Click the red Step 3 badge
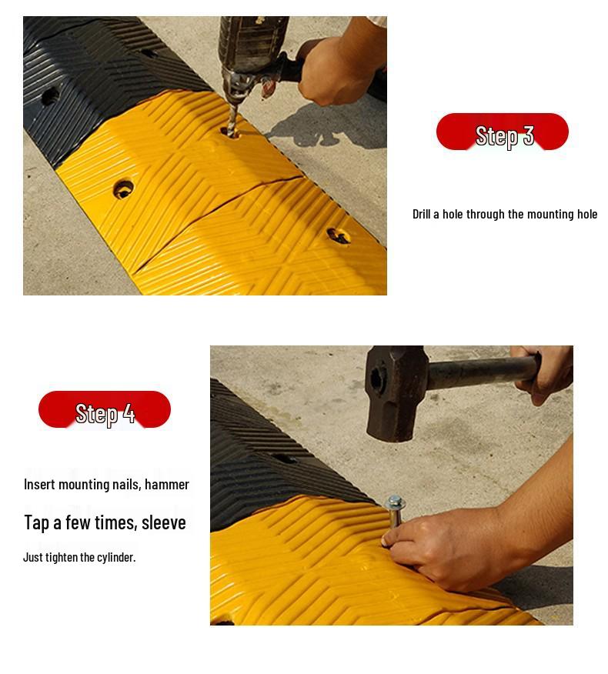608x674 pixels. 502,132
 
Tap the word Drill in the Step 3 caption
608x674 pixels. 421,214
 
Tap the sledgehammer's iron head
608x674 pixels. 396,392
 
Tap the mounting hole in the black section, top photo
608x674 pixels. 50,96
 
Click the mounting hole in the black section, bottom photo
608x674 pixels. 284,459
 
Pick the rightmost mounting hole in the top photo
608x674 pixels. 338,235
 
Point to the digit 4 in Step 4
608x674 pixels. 129,414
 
